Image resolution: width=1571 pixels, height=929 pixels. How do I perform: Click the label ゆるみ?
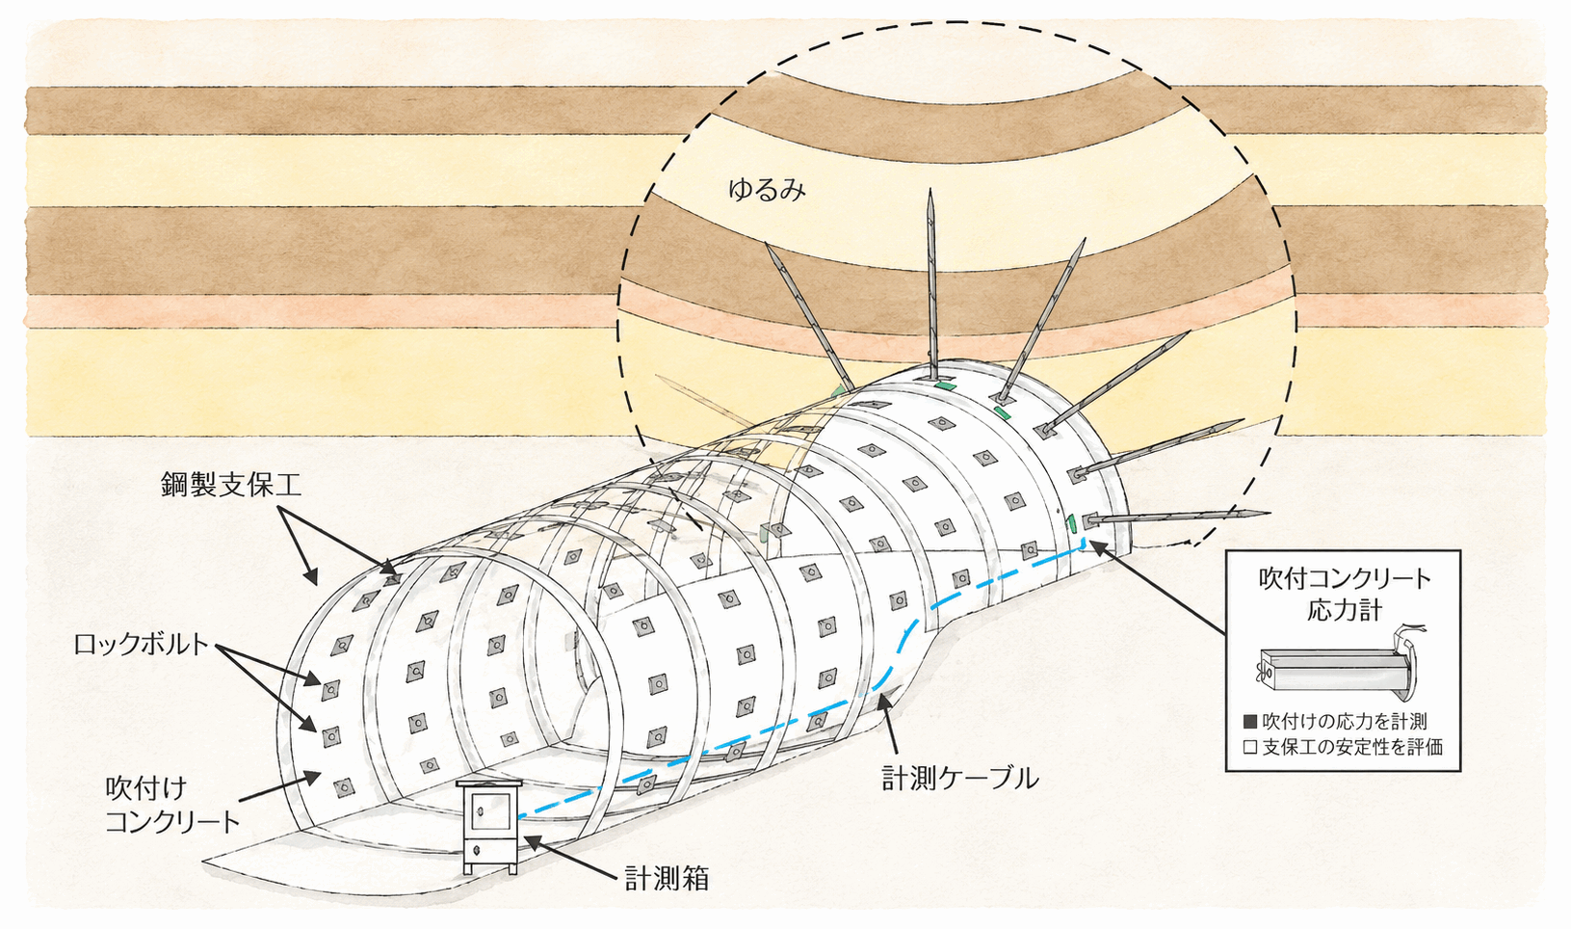coord(767,190)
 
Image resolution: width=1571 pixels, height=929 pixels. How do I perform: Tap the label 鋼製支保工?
coord(231,485)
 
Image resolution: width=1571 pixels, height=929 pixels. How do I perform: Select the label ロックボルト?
coord(141,644)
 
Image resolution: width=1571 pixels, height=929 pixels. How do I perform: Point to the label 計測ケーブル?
coord(960,778)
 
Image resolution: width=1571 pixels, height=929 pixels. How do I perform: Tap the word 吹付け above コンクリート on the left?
coord(145,788)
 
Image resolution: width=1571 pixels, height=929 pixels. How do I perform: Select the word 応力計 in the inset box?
coord(1344,610)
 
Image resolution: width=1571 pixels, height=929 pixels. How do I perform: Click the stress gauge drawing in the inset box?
coord(1339,664)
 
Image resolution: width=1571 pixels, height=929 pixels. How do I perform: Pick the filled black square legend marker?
coord(1249,721)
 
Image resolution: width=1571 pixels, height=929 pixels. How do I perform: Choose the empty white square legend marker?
coord(1249,748)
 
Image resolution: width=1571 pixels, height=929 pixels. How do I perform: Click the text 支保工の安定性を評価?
coord(1352,748)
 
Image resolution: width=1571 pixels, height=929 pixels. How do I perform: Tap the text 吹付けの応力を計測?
coord(1345,721)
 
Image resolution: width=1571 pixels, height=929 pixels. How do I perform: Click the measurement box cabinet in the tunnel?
coord(489,827)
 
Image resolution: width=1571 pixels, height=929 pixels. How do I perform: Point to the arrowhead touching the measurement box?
coord(533,840)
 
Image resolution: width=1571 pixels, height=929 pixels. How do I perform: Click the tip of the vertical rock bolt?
coord(930,190)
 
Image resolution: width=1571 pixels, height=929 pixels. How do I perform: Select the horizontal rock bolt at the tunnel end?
coord(1178,518)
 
